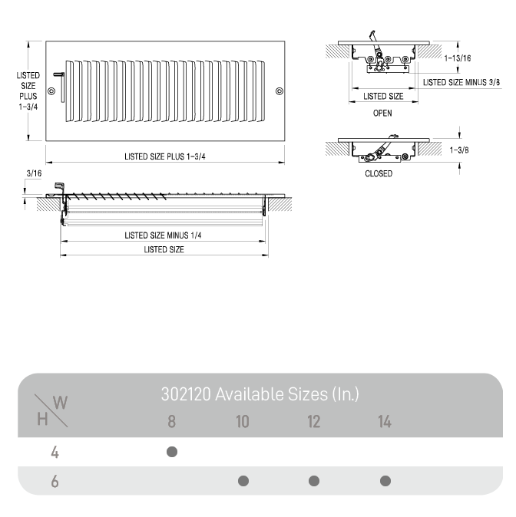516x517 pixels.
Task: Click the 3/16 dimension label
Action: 34,173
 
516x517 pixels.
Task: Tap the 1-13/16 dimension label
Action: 458,58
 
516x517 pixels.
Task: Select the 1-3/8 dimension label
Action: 459,150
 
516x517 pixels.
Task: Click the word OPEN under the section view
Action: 382,113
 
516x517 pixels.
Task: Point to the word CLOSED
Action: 379,173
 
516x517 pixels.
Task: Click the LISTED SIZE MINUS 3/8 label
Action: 461,82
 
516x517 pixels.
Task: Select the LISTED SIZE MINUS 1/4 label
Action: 163,235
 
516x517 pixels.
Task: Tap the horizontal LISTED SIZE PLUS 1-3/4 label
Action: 165,156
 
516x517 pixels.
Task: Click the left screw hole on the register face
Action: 51,91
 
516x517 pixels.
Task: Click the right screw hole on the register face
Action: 279,91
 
